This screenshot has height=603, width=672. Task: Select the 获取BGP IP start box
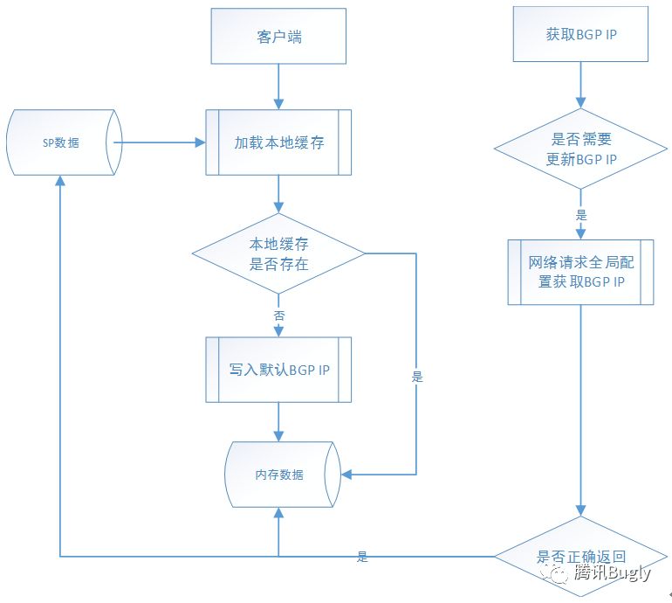[579, 35]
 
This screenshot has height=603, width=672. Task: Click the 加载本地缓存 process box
[279, 142]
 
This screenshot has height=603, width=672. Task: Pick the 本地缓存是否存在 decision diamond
[279, 254]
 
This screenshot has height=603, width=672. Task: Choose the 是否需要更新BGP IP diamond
[580, 149]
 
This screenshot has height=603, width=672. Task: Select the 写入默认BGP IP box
[279, 370]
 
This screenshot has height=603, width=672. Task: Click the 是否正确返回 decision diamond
[580, 557]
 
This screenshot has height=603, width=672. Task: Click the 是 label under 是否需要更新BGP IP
[581, 214]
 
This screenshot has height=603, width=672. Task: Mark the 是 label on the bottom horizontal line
[362, 557]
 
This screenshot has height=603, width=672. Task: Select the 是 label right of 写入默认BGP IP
[416, 378]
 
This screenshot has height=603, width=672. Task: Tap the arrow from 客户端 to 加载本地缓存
[279, 87]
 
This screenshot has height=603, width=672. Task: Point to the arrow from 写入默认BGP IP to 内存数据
[279, 421]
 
